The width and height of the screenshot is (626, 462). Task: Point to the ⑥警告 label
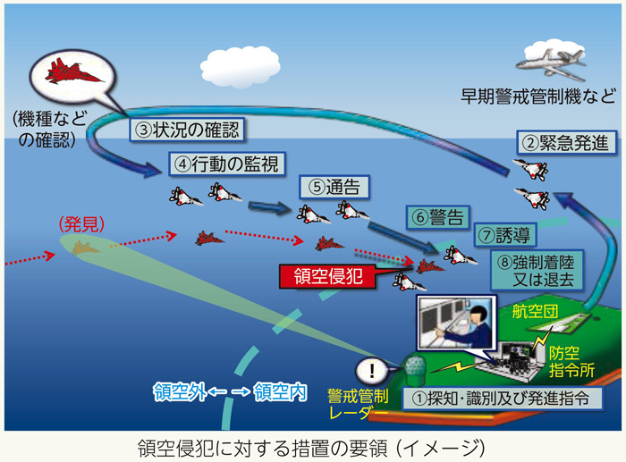pos(438,217)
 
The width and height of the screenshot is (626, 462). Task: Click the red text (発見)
pos(80,224)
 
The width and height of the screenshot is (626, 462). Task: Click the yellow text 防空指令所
pos(570,361)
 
